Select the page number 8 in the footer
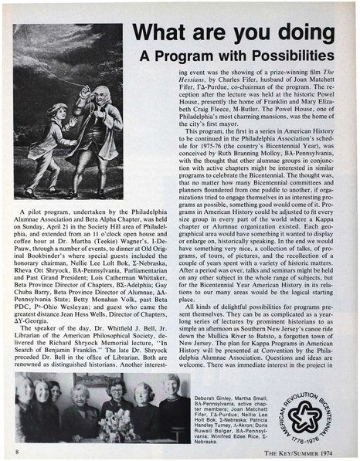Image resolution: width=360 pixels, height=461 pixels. pyautogui.click(x=16, y=447)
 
